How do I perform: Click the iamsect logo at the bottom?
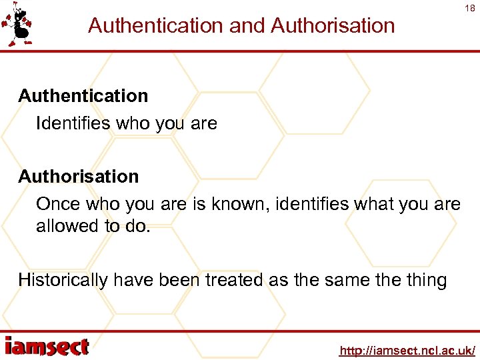tap(47, 347)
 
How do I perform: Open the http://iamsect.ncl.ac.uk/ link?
tap(407, 350)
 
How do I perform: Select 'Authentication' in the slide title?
tap(155, 25)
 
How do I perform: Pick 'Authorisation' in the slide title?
tap(333, 25)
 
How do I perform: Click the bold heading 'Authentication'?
tap(83, 96)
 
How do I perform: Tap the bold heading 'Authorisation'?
tap(79, 177)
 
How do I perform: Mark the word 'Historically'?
tap(63, 280)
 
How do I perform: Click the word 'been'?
tap(179, 280)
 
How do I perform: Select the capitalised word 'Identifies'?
tap(73, 123)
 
